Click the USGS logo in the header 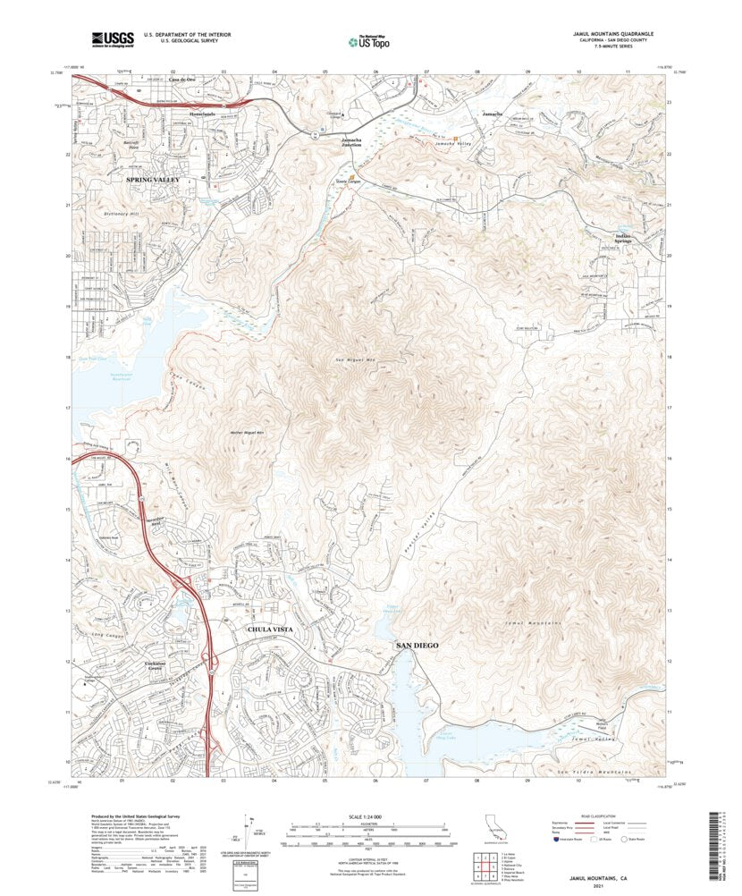[x=113, y=38]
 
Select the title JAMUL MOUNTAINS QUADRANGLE [x=613, y=32]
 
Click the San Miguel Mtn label [x=341, y=359]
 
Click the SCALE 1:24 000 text [x=370, y=816]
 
